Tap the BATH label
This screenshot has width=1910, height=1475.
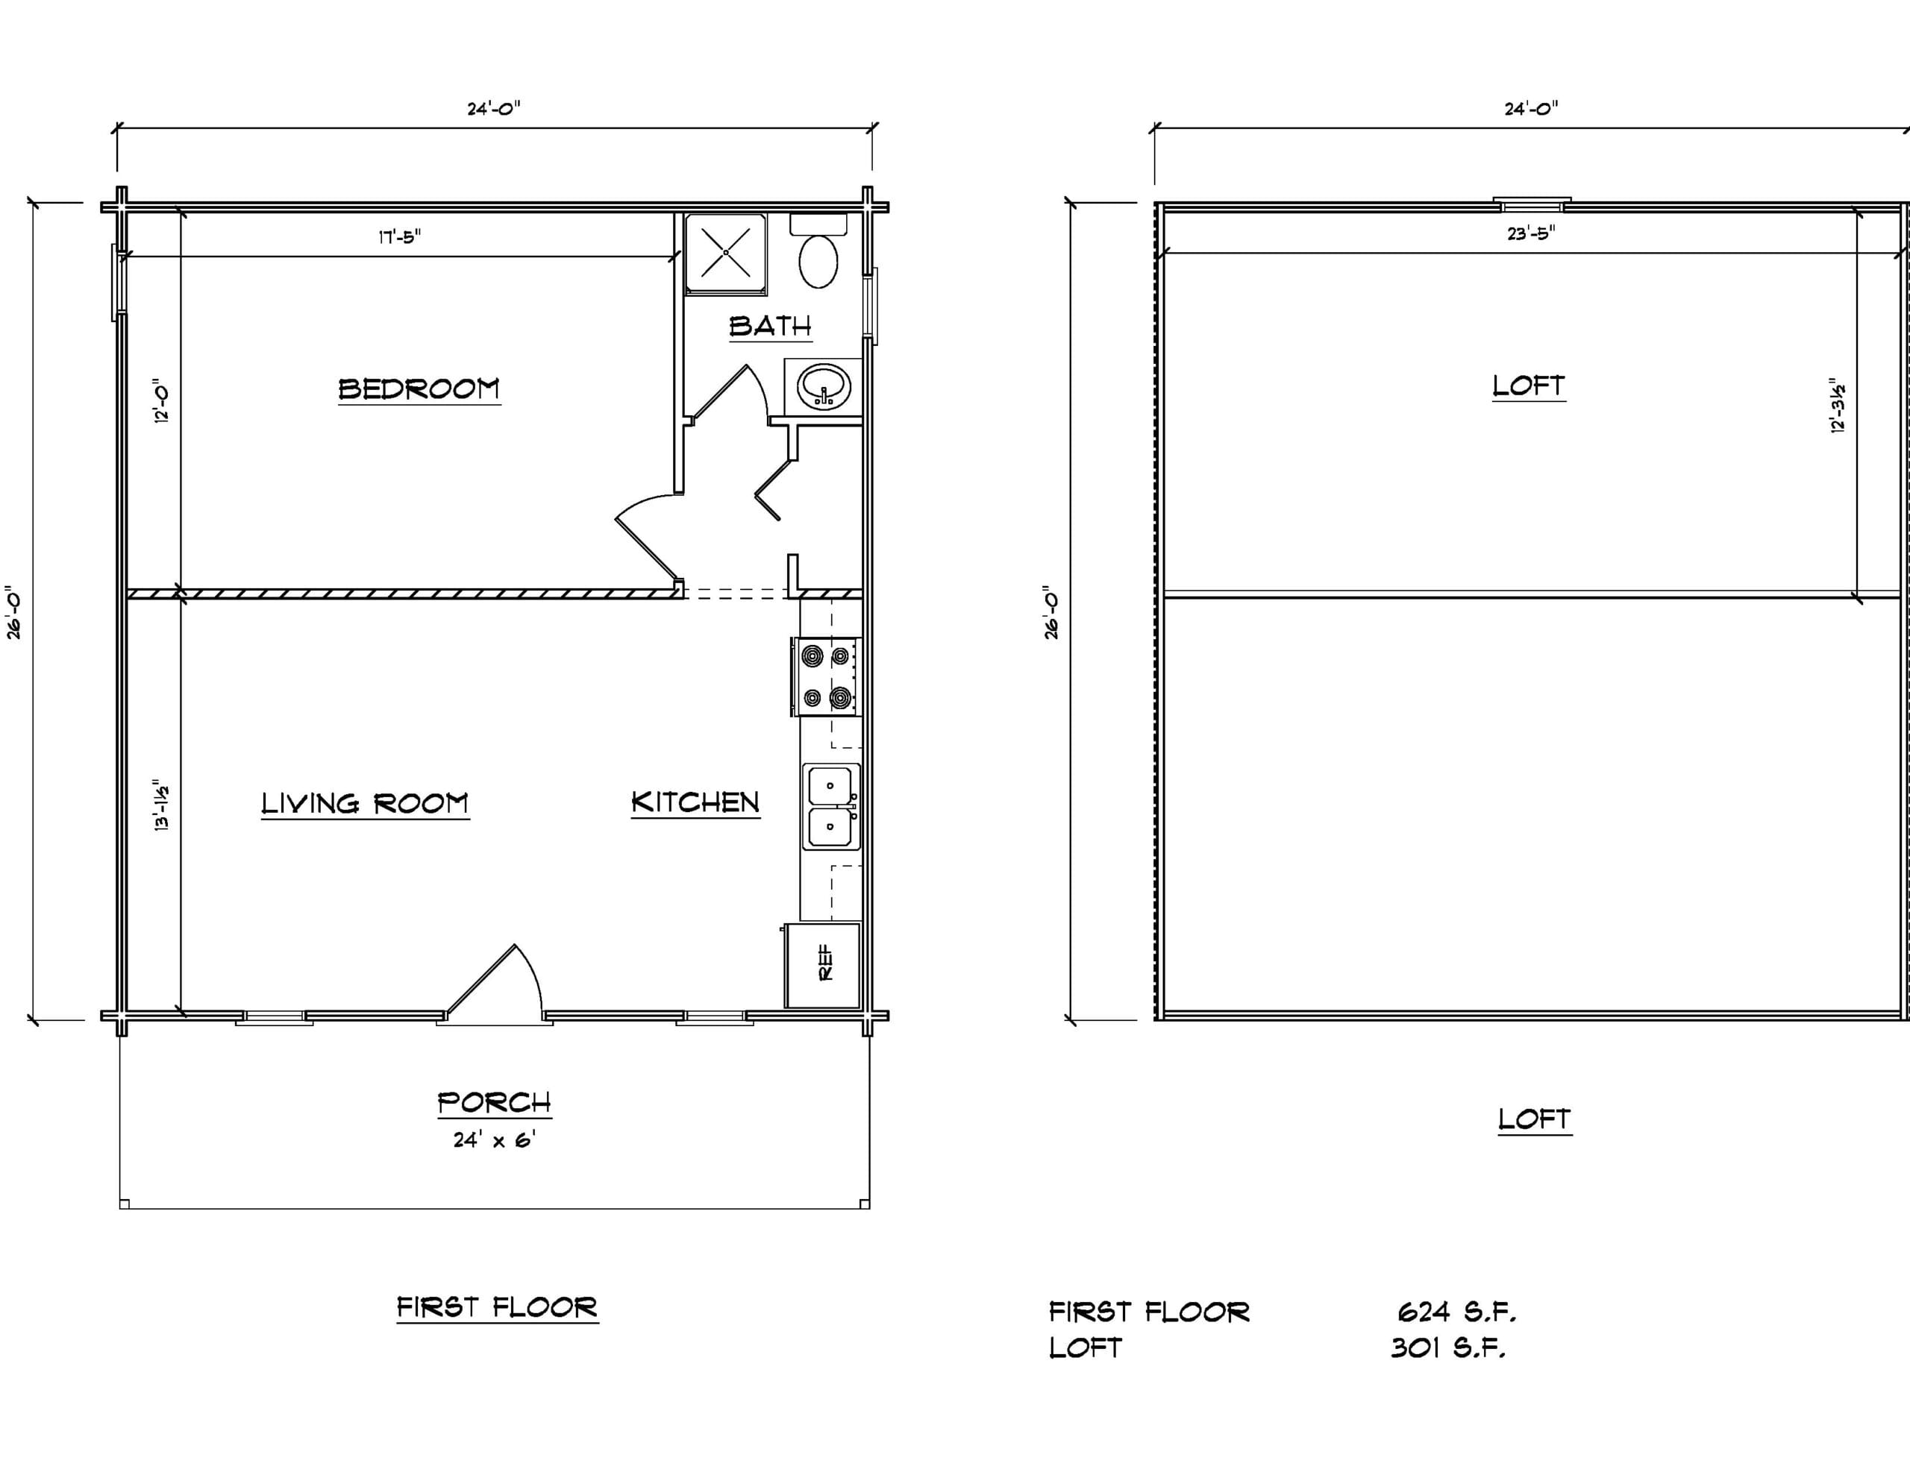771,326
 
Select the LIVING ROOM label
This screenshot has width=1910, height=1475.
365,804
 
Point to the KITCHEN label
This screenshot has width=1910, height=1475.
695,802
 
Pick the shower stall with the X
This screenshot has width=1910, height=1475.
726,254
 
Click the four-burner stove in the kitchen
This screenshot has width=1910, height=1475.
827,677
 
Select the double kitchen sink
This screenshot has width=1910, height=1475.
832,807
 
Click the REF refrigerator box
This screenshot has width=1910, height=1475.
823,965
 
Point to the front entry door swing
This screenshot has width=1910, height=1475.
495,984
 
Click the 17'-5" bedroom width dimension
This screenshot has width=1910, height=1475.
400,237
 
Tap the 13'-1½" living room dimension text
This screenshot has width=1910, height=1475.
162,805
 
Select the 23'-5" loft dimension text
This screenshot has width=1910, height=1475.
1530,233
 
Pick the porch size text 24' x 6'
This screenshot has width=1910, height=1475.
494,1139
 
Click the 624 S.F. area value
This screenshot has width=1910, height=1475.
1456,1312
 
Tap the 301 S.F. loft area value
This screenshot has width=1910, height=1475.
1448,1347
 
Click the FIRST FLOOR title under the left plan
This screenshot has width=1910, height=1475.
497,1307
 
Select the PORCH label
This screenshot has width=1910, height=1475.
494,1103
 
